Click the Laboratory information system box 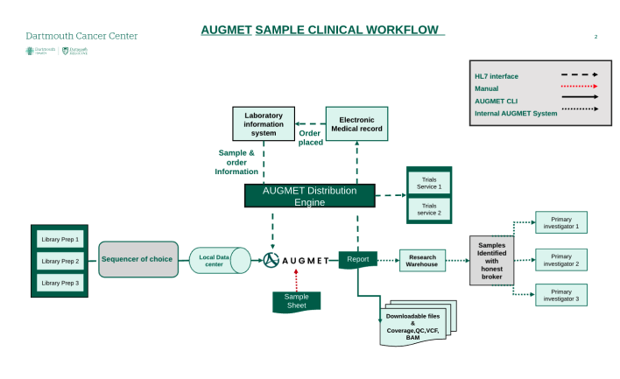(x=264, y=123)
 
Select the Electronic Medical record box (x=356, y=123)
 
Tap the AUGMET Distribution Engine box (x=309, y=196)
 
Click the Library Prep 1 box (x=60, y=239)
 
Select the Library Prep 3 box (x=60, y=283)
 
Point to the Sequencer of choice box (x=138, y=259)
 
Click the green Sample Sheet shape (x=296, y=300)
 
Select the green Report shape (x=358, y=259)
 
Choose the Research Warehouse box (x=422, y=260)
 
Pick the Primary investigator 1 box (x=561, y=222)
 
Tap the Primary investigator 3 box (x=561, y=295)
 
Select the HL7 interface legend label (x=497, y=76)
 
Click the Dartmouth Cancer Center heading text (x=81, y=36)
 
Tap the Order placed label (x=310, y=137)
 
